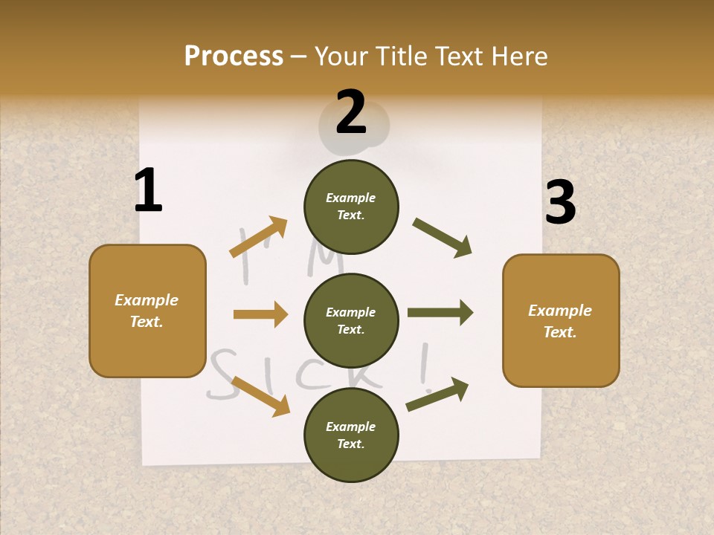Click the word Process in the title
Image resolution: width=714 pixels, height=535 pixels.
pos(234,56)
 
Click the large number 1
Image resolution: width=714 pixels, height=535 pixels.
pos(148,190)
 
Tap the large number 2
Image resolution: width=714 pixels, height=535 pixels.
pos(351,112)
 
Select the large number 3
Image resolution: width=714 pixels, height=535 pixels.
pos(560,203)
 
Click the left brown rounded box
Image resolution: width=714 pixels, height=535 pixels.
pos(147,311)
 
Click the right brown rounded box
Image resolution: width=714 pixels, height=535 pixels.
pos(561,320)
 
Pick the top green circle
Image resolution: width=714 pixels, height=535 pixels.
pos(351,207)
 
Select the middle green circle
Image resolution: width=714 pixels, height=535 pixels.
pos(351,320)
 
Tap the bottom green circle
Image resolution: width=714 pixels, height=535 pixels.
pos(351,435)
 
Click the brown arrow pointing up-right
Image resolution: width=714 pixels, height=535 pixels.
pos(258,237)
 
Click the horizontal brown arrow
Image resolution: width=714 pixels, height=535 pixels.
pos(260,314)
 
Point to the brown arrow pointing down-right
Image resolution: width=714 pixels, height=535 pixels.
pos(260,396)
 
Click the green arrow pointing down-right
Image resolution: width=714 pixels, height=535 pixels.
pos(443,238)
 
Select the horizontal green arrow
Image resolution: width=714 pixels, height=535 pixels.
pos(440,313)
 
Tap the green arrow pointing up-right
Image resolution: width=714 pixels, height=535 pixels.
pos(438,395)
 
